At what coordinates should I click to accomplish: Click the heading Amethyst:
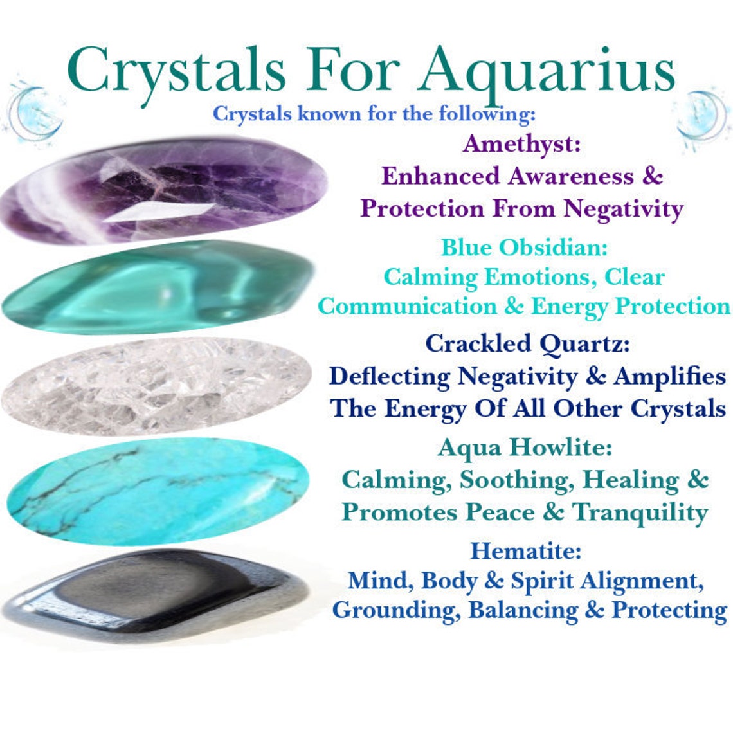point(521,144)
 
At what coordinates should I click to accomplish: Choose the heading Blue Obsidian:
point(524,247)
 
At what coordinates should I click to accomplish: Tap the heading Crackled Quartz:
point(527,344)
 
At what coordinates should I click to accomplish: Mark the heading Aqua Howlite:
point(525,448)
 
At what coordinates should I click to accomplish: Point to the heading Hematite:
point(525,551)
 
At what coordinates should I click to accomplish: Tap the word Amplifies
point(669,376)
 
